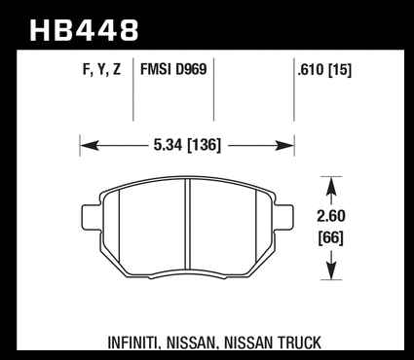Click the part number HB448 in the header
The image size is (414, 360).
point(84,30)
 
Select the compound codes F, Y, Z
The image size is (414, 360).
point(101,70)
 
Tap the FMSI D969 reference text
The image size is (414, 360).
point(173,69)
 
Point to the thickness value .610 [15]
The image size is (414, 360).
point(324,70)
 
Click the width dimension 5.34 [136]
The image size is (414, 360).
point(187,145)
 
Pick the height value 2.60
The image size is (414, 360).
point(331,216)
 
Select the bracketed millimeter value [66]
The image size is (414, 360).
point(331,238)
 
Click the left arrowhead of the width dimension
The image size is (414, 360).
point(90,146)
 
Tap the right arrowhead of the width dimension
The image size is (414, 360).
point(284,146)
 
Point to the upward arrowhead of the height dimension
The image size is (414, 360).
point(331,186)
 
